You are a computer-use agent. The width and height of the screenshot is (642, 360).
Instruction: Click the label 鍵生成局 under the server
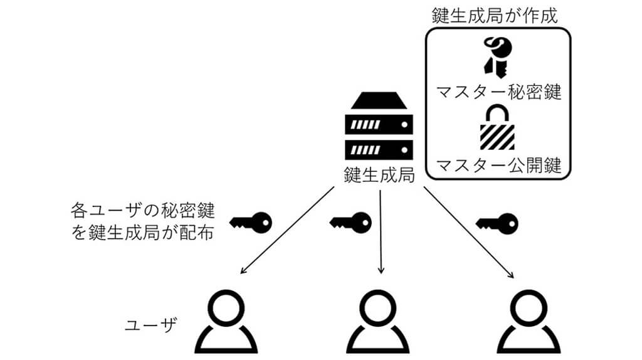tap(379, 175)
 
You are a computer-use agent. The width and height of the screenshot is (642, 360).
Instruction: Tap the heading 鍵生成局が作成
tap(495, 16)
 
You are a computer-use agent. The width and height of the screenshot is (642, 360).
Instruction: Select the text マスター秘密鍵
tap(498, 92)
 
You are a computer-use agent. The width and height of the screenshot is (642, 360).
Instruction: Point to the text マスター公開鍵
tap(498, 166)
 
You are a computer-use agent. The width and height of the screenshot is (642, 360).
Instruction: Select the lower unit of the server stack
tap(379, 149)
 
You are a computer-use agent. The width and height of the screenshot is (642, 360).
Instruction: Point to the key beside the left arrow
tap(251, 221)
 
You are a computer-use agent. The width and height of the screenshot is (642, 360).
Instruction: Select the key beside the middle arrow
tap(350, 221)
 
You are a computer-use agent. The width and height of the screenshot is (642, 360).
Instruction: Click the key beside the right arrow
tap(498, 221)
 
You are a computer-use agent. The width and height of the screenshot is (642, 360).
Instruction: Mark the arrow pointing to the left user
tap(287, 231)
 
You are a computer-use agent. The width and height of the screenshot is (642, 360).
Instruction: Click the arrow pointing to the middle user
tap(380, 232)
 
